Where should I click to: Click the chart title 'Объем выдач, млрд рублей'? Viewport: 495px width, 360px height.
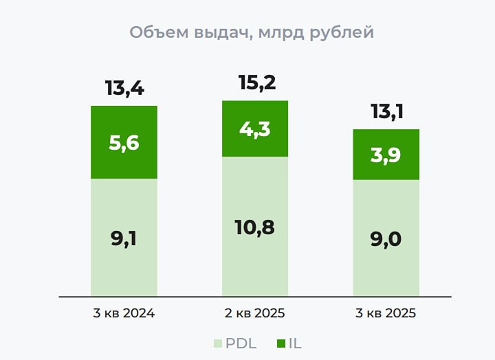click(x=252, y=32)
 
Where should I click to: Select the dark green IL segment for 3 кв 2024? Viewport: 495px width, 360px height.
click(x=124, y=124)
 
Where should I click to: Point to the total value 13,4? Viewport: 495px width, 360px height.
click(x=124, y=89)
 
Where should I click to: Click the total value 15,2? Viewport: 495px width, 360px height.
click(x=255, y=83)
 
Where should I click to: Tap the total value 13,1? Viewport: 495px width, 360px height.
click(x=386, y=111)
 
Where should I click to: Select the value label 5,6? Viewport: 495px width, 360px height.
click(x=124, y=143)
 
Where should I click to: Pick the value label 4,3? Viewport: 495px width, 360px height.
click(x=255, y=130)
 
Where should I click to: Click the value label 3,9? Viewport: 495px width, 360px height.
click(x=386, y=155)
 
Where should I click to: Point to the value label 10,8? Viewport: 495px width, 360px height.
click(x=255, y=227)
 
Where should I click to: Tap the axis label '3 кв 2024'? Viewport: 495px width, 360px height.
click(x=124, y=313)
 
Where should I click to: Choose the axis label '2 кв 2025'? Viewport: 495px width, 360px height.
click(x=255, y=313)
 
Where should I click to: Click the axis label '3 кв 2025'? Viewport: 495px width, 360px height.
click(x=386, y=313)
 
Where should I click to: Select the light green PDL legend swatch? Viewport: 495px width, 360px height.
click(x=218, y=343)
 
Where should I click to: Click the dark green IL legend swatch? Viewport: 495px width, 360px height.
click(x=280, y=343)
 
